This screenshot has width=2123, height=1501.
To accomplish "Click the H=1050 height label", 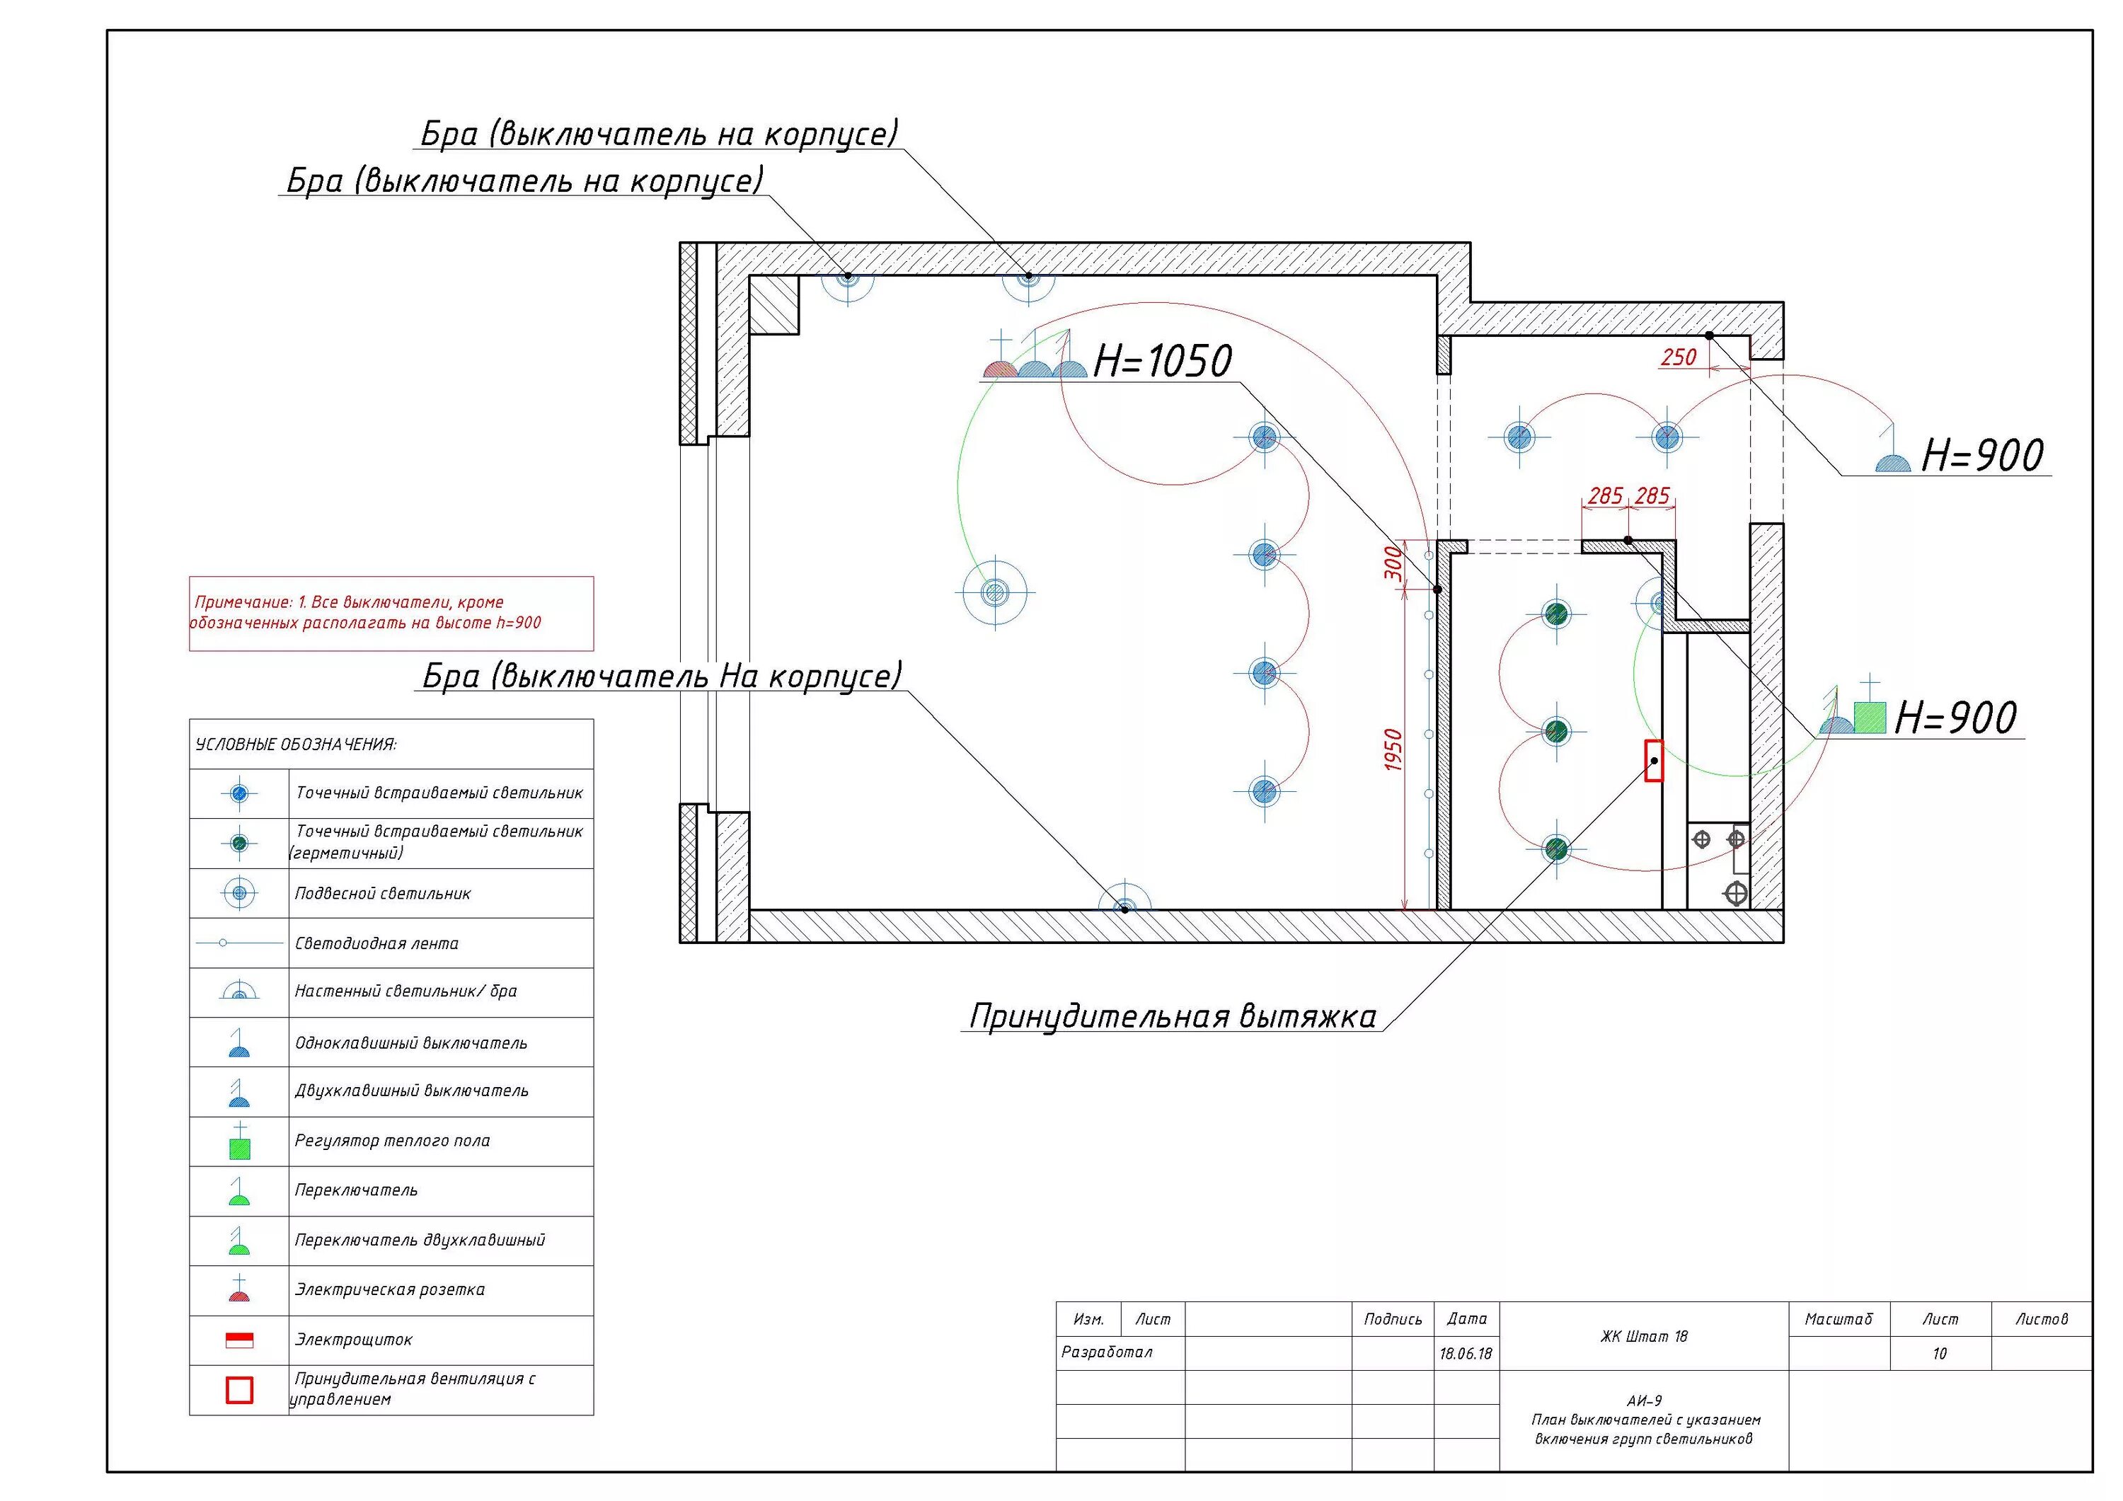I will tap(1162, 362).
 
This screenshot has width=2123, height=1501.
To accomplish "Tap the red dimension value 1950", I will tap(1393, 750).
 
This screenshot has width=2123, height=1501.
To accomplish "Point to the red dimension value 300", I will tap(1393, 563).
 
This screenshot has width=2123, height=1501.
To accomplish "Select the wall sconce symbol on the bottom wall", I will tap(1124, 902).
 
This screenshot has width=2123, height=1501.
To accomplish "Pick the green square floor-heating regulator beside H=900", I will tap(1870, 718).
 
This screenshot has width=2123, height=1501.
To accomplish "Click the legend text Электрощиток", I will tap(353, 1339).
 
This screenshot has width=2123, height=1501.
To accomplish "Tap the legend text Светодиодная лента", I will tap(376, 943).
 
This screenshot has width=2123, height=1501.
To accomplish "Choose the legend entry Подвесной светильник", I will tap(383, 893).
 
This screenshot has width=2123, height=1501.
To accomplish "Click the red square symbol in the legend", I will tap(239, 1390).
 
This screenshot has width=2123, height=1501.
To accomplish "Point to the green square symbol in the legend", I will tap(239, 1149).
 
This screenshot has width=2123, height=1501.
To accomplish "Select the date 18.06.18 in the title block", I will tap(1466, 1354).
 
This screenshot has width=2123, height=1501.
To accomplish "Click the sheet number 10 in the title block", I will tap(1939, 1354).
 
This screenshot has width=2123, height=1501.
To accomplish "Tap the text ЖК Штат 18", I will tap(1643, 1336).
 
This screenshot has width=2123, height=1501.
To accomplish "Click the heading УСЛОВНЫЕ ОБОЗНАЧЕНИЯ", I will tap(296, 744).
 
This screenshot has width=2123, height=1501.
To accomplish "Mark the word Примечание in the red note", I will tap(242, 602).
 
